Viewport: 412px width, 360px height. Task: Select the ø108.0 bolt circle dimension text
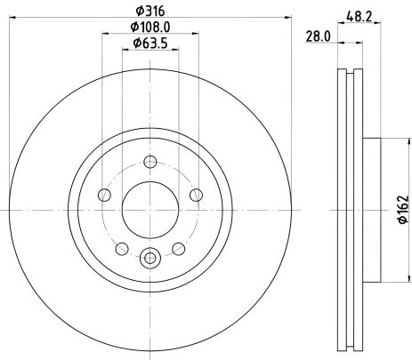[149, 26]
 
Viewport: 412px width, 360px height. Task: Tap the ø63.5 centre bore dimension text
[149, 44]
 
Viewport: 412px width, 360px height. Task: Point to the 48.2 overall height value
[359, 14]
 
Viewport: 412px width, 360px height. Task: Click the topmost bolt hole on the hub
[149, 162]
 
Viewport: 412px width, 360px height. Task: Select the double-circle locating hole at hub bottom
[149, 259]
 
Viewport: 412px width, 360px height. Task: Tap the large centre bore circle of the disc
[149, 211]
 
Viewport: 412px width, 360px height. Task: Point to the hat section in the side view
[372, 210]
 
